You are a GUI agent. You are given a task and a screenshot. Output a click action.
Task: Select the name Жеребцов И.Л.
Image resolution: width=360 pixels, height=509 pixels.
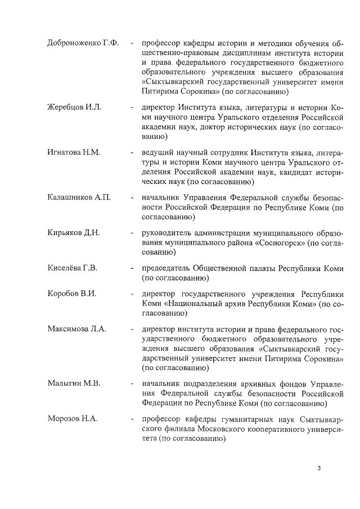point(74,107)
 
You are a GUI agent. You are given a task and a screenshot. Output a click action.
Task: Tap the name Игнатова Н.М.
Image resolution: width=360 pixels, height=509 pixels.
point(74,152)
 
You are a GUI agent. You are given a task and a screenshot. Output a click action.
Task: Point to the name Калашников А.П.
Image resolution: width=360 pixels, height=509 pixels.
point(79,197)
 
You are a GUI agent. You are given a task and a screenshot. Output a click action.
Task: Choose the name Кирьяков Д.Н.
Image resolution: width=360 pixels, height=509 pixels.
point(74,233)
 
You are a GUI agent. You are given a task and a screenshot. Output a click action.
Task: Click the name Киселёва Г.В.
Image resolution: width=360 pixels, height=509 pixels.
point(73,268)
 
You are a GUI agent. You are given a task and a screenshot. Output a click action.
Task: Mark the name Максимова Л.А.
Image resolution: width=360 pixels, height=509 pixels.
point(76,330)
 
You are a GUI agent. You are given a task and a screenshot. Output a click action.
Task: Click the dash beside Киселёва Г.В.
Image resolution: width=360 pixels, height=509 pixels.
point(130,268)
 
